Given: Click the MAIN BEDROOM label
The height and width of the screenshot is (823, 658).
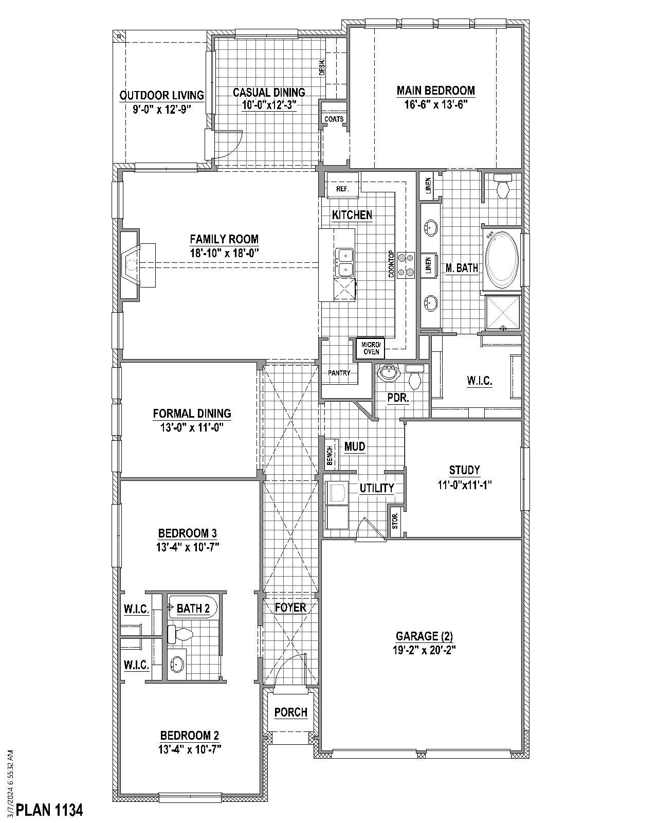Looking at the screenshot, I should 435,91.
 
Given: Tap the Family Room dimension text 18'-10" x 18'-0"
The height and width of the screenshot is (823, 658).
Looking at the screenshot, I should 224,253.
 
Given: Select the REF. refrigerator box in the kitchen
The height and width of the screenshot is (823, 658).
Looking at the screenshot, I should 343,189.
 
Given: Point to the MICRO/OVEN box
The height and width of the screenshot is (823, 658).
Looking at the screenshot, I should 371,348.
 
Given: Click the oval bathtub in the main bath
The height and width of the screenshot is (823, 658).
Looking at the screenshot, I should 503,259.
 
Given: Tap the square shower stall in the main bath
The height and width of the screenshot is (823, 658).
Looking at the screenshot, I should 503,312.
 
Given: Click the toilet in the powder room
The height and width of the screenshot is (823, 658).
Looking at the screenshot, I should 414,379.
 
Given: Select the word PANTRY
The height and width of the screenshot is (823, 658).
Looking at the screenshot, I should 339,373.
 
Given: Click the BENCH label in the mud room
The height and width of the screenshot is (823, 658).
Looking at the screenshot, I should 330,456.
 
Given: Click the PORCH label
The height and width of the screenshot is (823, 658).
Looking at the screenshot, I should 290,712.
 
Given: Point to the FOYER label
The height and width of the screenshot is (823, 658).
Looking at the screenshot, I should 290,607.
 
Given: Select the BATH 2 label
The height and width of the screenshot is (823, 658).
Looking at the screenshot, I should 193,609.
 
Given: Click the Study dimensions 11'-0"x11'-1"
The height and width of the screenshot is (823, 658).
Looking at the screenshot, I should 464,484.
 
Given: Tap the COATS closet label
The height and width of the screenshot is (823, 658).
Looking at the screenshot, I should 334,119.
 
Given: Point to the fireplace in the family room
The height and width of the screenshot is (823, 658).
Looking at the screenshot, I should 132,265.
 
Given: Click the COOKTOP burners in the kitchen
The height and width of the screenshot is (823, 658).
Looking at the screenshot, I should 409,264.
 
